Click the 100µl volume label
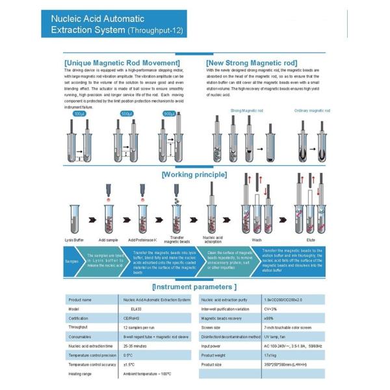pos(79,114)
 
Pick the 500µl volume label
pos(127,114)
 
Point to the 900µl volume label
pos(170,114)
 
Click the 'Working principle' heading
pos(194,174)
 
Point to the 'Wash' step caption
pos(257,239)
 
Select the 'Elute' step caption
pos(310,239)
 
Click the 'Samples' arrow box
pos(71,261)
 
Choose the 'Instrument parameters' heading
pos(194,286)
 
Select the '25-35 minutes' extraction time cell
pos(136,346)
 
